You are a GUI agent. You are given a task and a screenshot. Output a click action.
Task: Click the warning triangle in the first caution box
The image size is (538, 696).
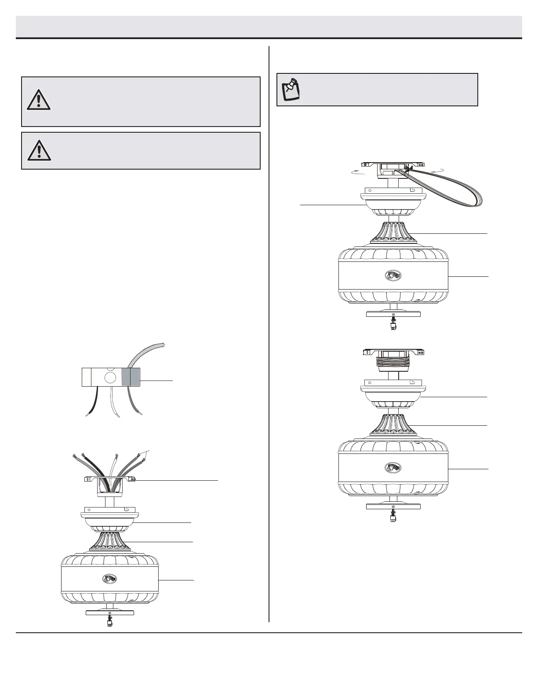[x=39, y=101]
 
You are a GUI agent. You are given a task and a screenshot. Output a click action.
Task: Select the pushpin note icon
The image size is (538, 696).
[x=291, y=89]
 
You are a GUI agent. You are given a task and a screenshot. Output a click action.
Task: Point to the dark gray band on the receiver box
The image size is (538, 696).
[x=126, y=377]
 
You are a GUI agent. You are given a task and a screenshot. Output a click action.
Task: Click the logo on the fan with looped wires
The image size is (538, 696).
[x=393, y=275]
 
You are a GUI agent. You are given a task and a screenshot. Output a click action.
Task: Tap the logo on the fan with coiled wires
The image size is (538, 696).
[x=393, y=468]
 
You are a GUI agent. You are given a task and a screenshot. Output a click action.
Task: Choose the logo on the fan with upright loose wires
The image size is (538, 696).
[x=109, y=578]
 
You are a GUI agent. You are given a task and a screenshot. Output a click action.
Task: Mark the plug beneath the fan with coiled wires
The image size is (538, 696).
[x=393, y=518]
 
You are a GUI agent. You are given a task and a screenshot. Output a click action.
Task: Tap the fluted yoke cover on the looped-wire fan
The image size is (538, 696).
[x=393, y=232]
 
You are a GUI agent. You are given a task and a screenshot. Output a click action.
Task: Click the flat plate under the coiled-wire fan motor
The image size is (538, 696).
[x=393, y=506]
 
